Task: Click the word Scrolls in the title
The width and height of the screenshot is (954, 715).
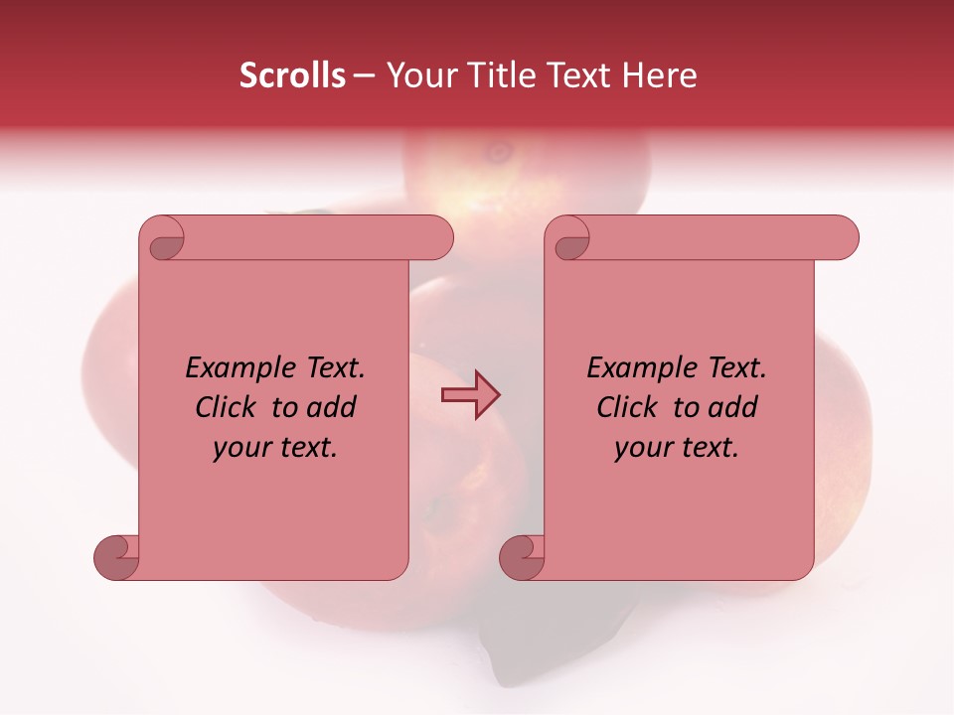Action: click(x=292, y=75)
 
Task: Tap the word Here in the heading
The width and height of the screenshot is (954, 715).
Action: click(x=659, y=75)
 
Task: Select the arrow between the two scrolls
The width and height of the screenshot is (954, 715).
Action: click(x=470, y=395)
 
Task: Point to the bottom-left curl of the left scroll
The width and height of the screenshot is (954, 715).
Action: click(x=118, y=557)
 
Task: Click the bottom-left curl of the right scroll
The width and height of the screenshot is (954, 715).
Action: click(x=524, y=557)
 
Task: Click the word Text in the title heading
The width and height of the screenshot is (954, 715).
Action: click(x=579, y=75)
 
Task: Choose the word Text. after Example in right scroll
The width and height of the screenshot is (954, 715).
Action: click(x=736, y=368)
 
